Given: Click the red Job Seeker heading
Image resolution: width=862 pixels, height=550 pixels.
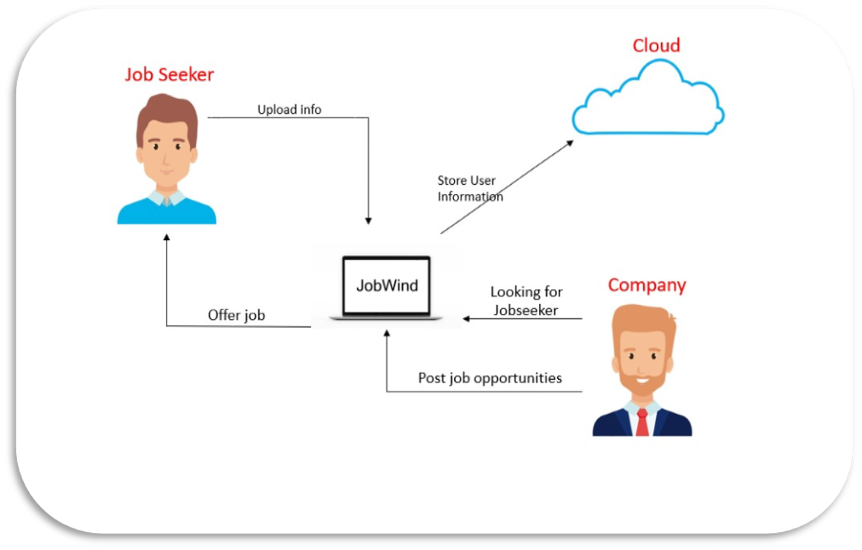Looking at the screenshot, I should (169, 75).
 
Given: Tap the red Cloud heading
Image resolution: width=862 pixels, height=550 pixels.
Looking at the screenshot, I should (656, 45).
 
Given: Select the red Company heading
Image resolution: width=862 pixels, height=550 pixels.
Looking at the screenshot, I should (646, 285).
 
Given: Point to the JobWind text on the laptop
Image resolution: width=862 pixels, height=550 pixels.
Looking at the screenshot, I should (387, 286).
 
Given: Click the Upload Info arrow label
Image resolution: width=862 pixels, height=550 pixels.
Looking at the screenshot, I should (289, 109).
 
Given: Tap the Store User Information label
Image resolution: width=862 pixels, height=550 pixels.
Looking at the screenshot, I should (470, 188).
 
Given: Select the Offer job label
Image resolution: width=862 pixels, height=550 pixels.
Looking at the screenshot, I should (236, 315).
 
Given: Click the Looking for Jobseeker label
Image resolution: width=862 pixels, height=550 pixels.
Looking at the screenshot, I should (526, 301).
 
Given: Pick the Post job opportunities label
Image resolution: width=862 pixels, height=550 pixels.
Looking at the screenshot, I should (490, 378).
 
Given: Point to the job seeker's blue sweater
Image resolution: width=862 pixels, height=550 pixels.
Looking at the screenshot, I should (166, 213).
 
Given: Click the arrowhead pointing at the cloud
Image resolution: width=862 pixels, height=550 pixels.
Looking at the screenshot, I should (569, 143).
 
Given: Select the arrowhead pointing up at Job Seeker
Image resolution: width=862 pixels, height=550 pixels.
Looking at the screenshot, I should (167, 238).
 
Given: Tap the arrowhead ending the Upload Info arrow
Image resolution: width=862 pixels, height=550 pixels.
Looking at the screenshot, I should (368, 221).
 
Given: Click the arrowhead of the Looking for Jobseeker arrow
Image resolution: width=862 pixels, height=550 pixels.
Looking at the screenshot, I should (466, 318).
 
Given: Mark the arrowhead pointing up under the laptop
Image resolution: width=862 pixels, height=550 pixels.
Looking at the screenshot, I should (387, 333).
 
